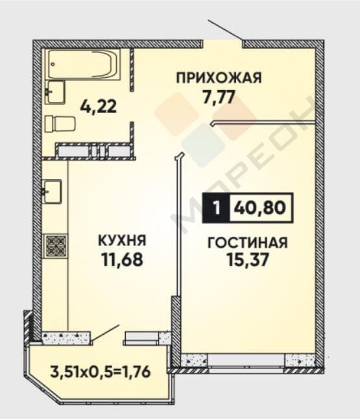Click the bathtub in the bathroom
point(84,64)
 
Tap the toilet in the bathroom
point(60,123)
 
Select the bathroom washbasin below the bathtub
point(55,92)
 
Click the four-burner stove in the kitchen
point(55,245)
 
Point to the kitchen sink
point(52,191)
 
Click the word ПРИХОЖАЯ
point(219,78)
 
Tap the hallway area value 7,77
point(219,97)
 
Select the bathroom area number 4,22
point(99,106)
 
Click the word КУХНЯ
point(123,240)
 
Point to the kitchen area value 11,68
point(122,259)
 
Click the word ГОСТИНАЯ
point(248,243)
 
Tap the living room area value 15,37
point(247,259)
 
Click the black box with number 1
point(216,208)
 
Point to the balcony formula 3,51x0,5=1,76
point(101,372)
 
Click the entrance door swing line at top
point(226,29)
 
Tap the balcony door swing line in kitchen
point(105,333)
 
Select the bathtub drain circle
point(53,64)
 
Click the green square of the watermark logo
point(202,145)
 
